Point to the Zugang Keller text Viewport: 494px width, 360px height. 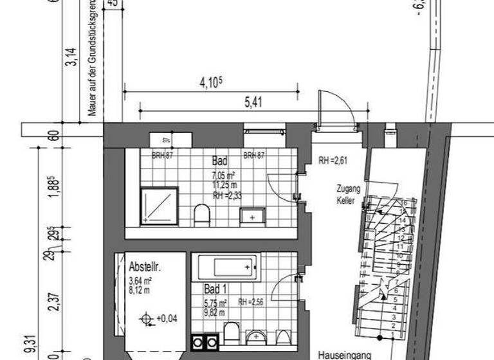(345, 194)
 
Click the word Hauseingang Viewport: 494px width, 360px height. (344, 354)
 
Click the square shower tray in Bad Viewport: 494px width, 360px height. (160, 206)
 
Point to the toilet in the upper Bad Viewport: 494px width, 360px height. (202, 213)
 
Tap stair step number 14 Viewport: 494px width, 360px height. (402, 219)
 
